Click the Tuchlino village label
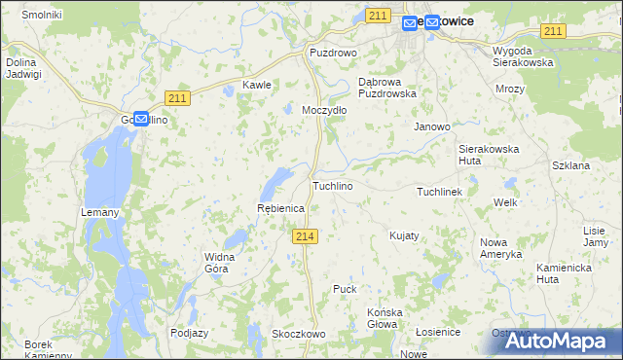coord(332,185)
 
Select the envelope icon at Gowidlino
coord(141,119)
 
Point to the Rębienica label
coord(280,209)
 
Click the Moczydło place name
coord(324,110)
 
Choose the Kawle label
coord(256,85)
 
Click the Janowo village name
coord(432,126)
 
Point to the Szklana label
coord(570,165)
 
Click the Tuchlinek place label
coord(445,192)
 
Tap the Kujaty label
coord(404,235)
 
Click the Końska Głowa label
coord(385,318)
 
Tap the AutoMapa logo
coord(556,341)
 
